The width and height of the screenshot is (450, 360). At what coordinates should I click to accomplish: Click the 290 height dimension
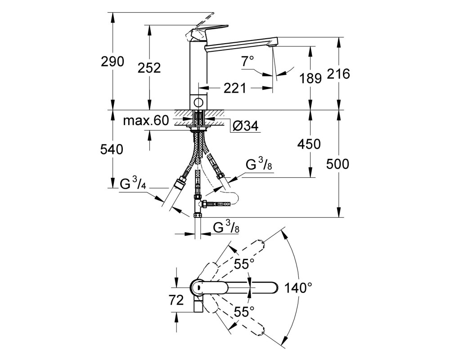(x=112, y=62)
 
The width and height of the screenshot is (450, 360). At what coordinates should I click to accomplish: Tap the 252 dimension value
(x=149, y=68)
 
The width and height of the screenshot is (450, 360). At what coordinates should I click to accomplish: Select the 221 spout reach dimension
(x=235, y=88)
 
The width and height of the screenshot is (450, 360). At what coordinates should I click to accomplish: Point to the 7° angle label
(x=247, y=61)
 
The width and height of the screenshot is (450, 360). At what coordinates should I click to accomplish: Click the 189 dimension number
(x=310, y=78)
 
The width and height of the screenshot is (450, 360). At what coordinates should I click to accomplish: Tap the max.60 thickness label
(x=146, y=121)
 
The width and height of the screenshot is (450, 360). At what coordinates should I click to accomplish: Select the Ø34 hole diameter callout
(x=246, y=126)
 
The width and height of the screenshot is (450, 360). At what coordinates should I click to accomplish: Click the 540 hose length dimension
(x=112, y=149)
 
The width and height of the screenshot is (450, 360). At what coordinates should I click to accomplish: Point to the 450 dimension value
(x=309, y=144)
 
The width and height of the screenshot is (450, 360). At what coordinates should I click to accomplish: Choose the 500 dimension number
(x=338, y=164)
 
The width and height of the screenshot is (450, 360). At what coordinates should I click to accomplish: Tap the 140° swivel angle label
(x=298, y=288)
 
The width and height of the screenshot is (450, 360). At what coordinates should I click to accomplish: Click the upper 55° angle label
(x=244, y=264)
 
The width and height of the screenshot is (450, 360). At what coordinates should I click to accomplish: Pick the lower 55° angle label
(x=244, y=311)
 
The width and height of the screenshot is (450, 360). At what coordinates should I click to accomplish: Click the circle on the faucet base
(x=198, y=102)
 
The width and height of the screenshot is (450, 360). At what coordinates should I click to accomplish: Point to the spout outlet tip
(x=273, y=44)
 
